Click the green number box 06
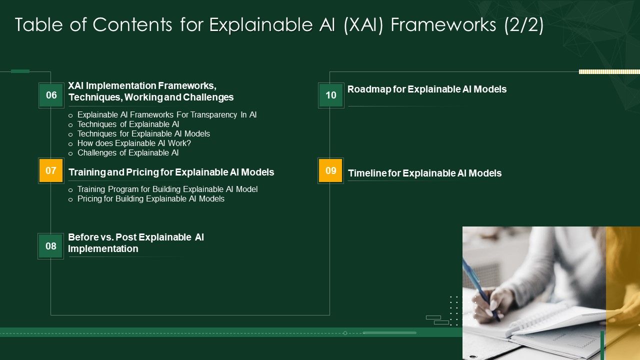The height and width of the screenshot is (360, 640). [x=51, y=95]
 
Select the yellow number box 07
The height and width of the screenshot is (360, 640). [x=51, y=170]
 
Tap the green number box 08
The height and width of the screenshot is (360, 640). [x=51, y=246]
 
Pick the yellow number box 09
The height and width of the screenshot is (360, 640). [x=330, y=170]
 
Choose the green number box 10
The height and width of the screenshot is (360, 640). [x=331, y=95]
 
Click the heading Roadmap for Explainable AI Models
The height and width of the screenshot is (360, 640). [x=426, y=89]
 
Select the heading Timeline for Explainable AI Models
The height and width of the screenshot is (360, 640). [x=424, y=173]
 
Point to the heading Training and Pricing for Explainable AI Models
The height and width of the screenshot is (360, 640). [x=171, y=172]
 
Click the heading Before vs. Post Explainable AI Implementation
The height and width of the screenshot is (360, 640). [x=135, y=243]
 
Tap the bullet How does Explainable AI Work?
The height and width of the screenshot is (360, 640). [x=134, y=143]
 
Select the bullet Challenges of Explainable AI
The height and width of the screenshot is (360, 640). [x=127, y=153]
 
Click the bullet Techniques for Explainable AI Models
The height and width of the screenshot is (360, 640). [x=143, y=134]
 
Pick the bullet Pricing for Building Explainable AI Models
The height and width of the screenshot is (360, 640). [x=150, y=199]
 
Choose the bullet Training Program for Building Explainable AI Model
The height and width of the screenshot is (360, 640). [x=167, y=189]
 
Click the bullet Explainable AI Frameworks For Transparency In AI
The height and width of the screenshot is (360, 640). [x=166, y=115]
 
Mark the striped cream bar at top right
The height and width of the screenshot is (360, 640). [x=609, y=72]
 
